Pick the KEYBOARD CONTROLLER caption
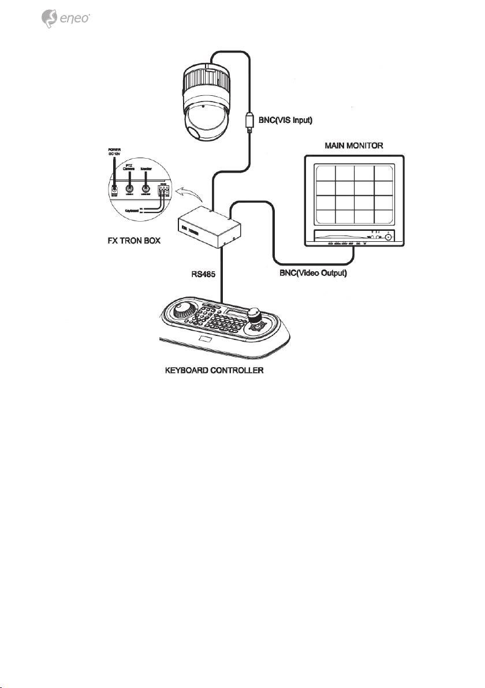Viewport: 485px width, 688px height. point(214,370)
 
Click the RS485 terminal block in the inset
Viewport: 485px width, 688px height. point(164,190)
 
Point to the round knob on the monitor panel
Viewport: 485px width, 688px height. point(389,237)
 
